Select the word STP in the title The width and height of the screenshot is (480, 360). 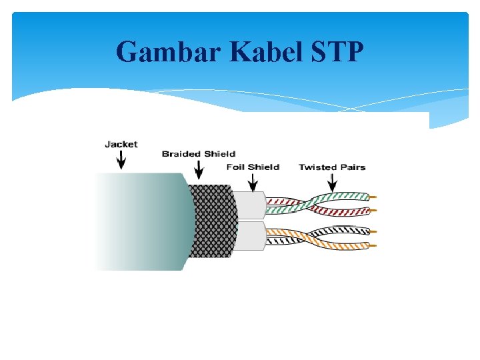click(337, 51)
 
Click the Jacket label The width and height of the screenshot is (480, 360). click(121, 144)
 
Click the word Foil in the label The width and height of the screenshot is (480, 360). click(236, 167)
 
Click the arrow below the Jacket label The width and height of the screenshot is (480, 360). click(121, 161)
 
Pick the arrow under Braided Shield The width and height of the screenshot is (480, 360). click(198, 171)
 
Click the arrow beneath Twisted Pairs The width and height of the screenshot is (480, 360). click(331, 183)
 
